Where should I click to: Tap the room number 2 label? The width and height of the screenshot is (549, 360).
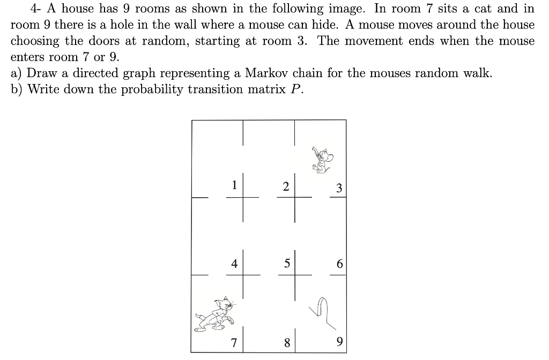pos(286,186)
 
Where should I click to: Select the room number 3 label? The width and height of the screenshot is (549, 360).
pos(338,188)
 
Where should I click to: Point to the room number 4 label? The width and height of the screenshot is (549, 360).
pos(234,263)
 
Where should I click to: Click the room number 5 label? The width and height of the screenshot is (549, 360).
pos(287,263)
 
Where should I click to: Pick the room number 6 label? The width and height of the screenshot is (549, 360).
pos(338,264)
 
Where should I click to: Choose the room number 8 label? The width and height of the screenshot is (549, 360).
pos(287,343)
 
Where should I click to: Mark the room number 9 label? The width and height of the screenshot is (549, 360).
pos(338,341)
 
